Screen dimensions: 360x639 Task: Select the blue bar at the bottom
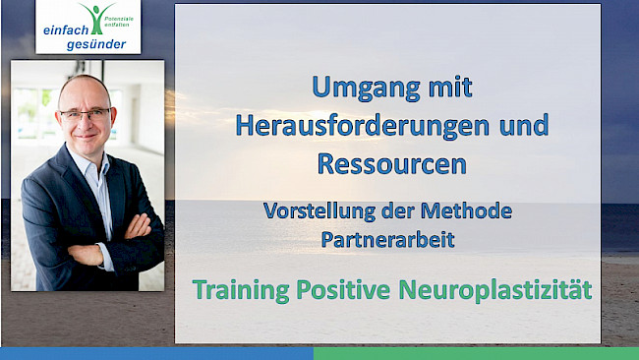(x=156, y=353)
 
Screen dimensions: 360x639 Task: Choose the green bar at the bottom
(x=476, y=353)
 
